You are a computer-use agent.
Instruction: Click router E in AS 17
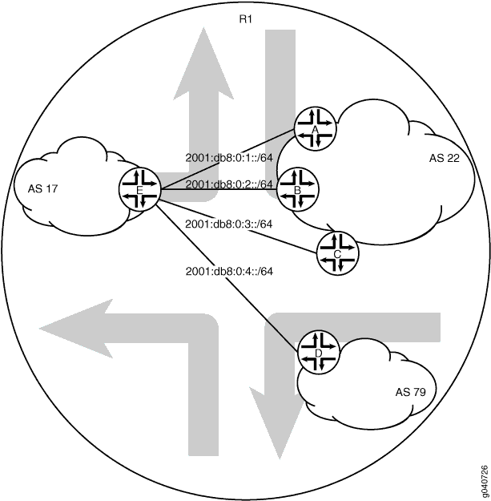click(139, 190)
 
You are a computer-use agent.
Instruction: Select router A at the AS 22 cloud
click(316, 129)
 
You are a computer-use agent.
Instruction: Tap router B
click(298, 190)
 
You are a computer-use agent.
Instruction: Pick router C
click(337, 253)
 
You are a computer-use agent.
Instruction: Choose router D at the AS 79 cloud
click(318, 353)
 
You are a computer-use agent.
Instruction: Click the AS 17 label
click(42, 189)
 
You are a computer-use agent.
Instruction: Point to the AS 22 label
click(444, 158)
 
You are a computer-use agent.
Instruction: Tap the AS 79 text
click(410, 392)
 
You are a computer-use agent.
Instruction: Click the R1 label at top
click(245, 19)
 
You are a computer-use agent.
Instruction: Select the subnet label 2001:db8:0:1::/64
click(229, 158)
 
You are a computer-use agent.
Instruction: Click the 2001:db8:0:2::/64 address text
click(229, 184)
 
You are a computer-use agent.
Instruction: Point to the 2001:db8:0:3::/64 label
click(229, 224)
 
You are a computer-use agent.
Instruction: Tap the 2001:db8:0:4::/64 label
click(229, 271)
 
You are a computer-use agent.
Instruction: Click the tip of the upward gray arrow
click(203, 28)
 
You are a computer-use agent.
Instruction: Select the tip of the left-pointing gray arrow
click(39, 329)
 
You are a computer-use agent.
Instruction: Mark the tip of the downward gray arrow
click(280, 459)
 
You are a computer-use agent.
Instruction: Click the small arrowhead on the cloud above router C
click(333, 228)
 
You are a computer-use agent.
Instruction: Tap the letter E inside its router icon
click(139, 191)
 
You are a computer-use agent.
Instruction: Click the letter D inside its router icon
click(318, 354)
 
